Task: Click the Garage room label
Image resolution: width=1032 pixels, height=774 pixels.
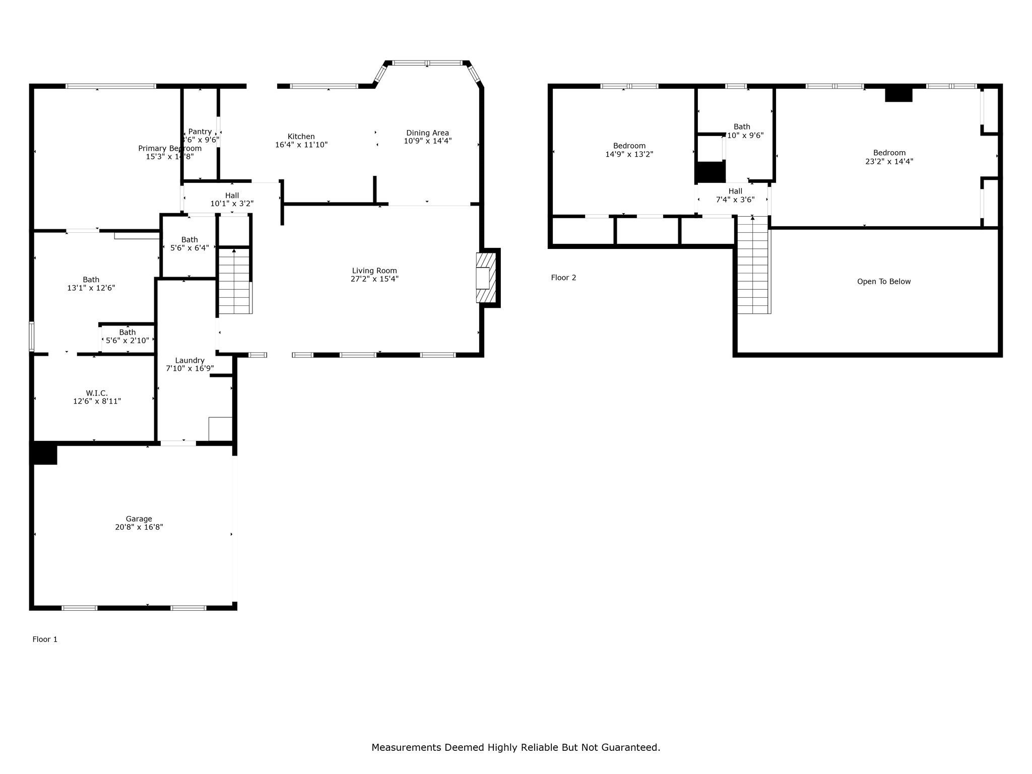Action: point(139,519)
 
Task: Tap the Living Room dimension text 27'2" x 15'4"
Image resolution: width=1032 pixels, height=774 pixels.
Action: point(374,279)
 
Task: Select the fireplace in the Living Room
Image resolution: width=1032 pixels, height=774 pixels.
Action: point(486,278)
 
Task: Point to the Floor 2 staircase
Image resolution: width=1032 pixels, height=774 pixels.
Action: point(752,265)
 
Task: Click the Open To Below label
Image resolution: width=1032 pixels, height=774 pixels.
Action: point(884,282)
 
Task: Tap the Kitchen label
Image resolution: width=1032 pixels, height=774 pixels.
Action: point(301,137)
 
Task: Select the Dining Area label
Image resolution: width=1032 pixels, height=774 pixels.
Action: point(427,133)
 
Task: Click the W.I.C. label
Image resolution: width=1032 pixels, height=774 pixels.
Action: point(97,393)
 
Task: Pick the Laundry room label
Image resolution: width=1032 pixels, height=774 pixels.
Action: point(189,360)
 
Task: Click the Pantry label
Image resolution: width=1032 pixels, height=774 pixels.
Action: point(200,132)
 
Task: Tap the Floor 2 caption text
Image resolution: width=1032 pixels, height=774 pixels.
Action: point(563,278)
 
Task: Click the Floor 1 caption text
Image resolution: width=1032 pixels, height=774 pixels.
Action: point(45,639)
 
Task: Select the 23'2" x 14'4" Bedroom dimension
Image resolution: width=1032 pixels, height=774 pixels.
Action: point(889,162)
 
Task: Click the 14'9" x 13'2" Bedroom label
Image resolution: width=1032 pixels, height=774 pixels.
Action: point(629,146)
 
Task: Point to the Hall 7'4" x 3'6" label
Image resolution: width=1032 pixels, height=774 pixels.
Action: point(735,191)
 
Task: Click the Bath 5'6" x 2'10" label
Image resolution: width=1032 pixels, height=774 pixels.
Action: point(127,332)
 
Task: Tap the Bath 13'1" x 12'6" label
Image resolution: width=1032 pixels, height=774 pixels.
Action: point(91,280)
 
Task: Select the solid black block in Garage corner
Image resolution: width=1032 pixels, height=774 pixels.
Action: point(44,453)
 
